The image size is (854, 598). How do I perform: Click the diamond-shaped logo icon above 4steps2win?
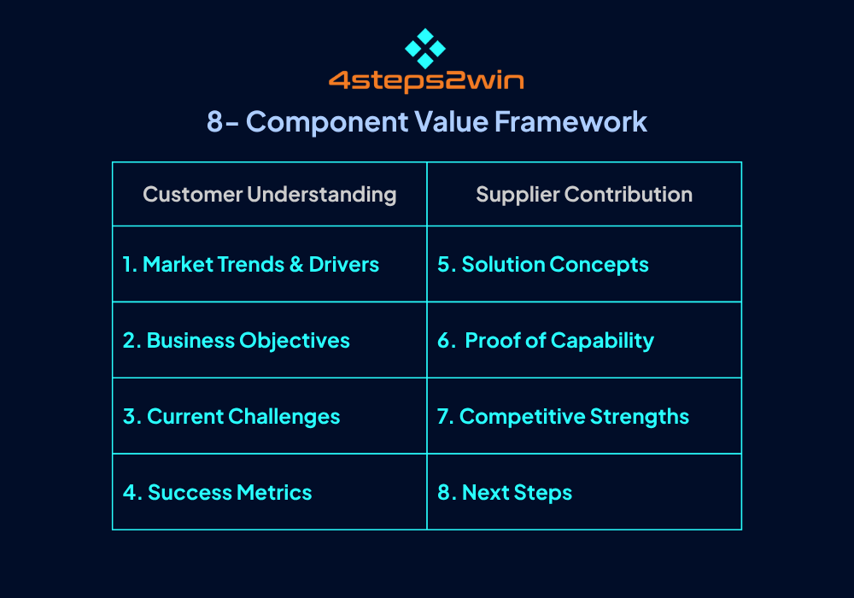(425, 49)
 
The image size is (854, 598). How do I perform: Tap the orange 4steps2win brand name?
(426, 81)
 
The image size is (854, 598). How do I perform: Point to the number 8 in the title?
(214, 121)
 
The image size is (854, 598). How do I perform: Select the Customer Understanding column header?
(270, 195)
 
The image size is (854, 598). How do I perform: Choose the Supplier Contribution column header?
(584, 195)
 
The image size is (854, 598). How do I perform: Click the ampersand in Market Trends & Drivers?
(296, 265)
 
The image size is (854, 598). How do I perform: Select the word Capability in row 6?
(602, 341)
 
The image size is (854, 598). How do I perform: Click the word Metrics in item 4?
(274, 493)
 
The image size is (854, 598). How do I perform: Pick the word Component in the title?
(327, 122)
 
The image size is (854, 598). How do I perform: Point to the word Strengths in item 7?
(640, 417)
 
